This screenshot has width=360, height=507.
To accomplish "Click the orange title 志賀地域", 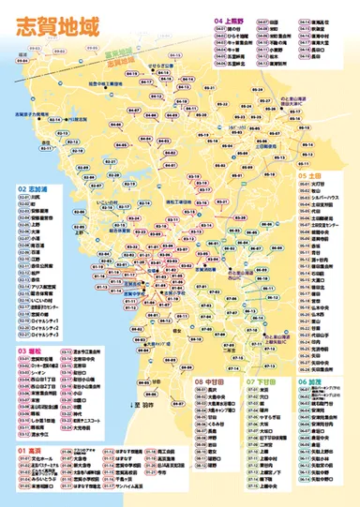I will pos(52,26).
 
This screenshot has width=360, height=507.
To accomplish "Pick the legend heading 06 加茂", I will pos(314,383).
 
